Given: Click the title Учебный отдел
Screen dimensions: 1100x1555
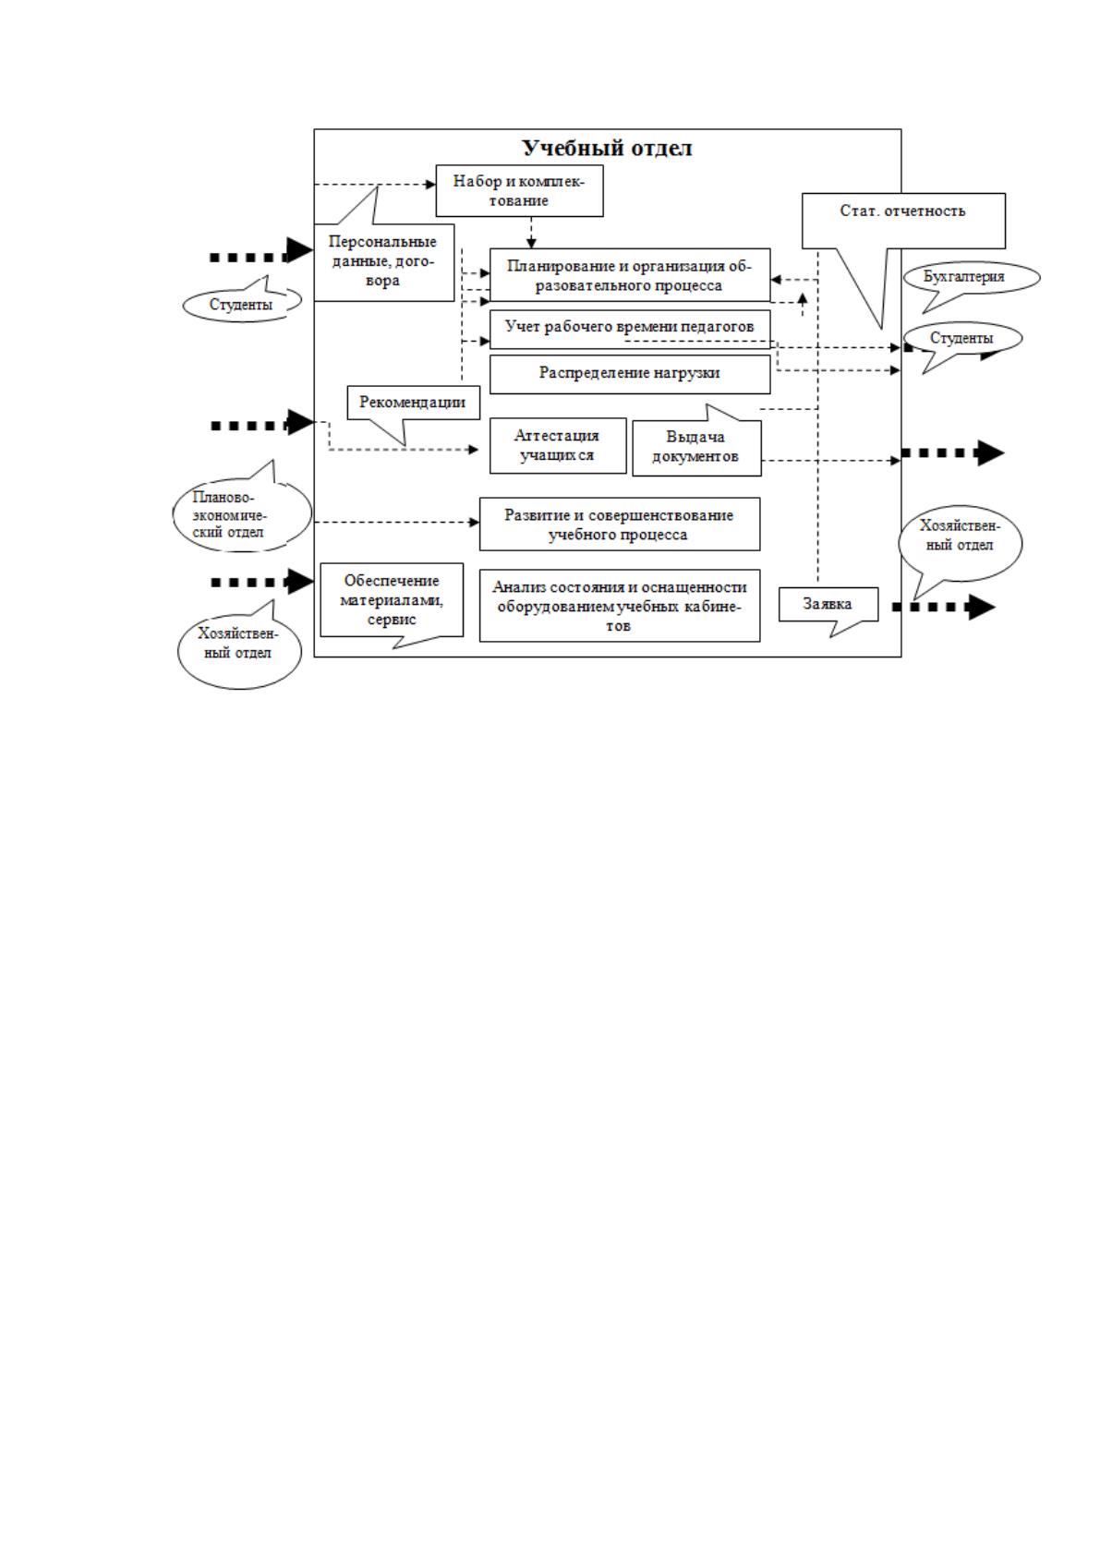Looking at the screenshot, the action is click(x=607, y=148).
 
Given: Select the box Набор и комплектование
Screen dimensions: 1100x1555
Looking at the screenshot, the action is click(x=519, y=191).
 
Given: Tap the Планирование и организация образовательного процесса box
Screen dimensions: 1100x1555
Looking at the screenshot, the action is click(x=630, y=275).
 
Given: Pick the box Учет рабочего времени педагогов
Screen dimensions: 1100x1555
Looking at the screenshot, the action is click(x=630, y=329).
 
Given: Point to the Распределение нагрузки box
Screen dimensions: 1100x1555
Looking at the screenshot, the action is click(x=630, y=374).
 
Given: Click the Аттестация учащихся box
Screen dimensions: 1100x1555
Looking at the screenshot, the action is click(x=558, y=446).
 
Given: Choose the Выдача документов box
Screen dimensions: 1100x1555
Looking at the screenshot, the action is click(x=696, y=448).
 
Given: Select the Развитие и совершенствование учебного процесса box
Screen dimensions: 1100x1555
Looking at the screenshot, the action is click(x=620, y=524).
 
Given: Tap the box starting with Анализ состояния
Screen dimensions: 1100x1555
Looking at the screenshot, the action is click(x=620, y=606).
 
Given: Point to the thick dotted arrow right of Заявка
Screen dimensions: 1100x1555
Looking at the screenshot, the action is click(x=944, y=608).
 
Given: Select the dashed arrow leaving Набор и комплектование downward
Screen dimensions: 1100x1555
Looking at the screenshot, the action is click(x=531, y=233).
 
